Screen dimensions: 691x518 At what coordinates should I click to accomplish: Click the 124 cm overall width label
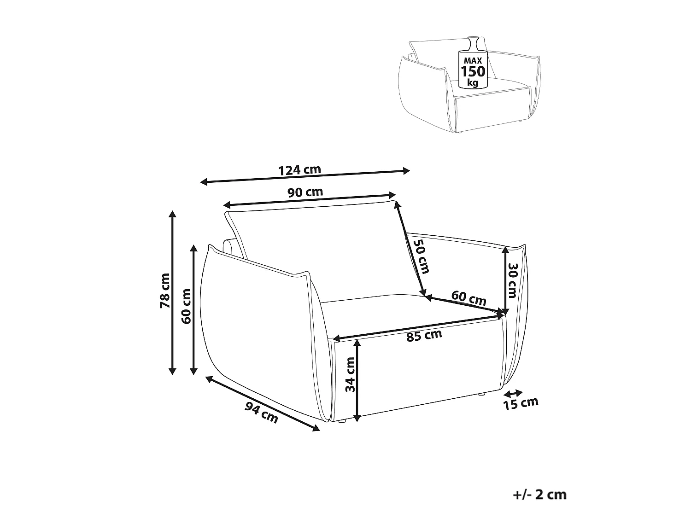pyautogui.click(x=299, y=170)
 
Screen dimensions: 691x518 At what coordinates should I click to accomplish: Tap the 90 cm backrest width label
pyautogui.click(x=305, y=192)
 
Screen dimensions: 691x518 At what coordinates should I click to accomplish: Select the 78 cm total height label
pyautogui.click(x=165, y=291)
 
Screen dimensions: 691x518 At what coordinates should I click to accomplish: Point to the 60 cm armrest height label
pyautogui.click(x=187, y=306)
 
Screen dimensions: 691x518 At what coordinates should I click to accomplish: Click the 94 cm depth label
pyautogui.click(x=262, y=413)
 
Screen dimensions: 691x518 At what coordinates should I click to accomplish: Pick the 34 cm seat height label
pyautogui.click(x=350, y=374)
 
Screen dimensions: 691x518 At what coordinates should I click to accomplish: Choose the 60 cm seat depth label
pyautogui.click(x=469, y=298)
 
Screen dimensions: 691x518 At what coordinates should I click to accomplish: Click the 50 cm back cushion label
pyautogui.click(x=421, y=256)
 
